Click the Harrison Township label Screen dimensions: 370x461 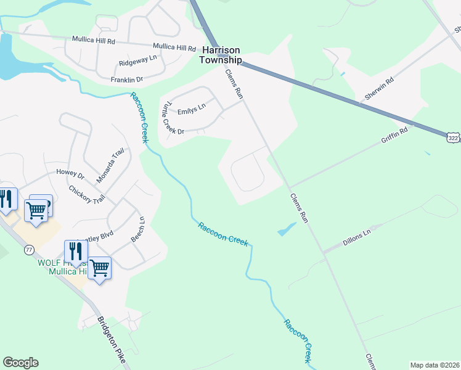click(x=219, y=55)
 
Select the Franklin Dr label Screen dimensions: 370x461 click(x=126, y=80)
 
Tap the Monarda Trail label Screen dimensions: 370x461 click(x=110, y=166)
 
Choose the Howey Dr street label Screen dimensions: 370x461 click(x=70, y=174)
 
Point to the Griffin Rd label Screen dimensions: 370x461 click(x=394, y=138)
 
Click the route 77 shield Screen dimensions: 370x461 click(x=29, y=250)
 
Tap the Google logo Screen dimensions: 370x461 click(x=20, y=363)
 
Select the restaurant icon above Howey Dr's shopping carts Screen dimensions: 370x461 click(x=7, y=199)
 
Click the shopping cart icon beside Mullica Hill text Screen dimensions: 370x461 click(x=99, y=268)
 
